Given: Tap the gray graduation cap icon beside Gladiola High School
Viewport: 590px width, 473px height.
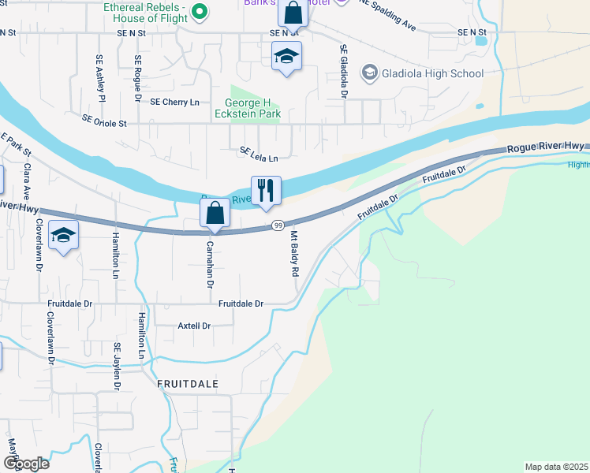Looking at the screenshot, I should [368, 74].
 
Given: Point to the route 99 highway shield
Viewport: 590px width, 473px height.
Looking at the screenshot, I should [279, 225].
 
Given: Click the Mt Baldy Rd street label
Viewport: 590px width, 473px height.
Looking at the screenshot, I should [295, 254].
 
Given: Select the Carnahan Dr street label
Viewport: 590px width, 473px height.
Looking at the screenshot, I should [211, 263].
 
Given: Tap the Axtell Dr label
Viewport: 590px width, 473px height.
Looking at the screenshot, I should [195, 326].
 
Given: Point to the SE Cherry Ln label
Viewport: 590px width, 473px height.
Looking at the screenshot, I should [174, 102].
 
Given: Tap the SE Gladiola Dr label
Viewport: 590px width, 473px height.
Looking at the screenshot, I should [344, 71].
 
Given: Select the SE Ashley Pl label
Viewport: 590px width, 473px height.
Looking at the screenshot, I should [100, 78].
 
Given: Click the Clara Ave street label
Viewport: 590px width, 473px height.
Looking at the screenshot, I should [27, 181].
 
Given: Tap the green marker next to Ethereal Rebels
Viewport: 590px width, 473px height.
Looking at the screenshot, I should [200, 10].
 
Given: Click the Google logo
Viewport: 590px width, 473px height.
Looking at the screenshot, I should [25, 464].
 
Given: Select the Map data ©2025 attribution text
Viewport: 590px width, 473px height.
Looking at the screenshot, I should [556, 467].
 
